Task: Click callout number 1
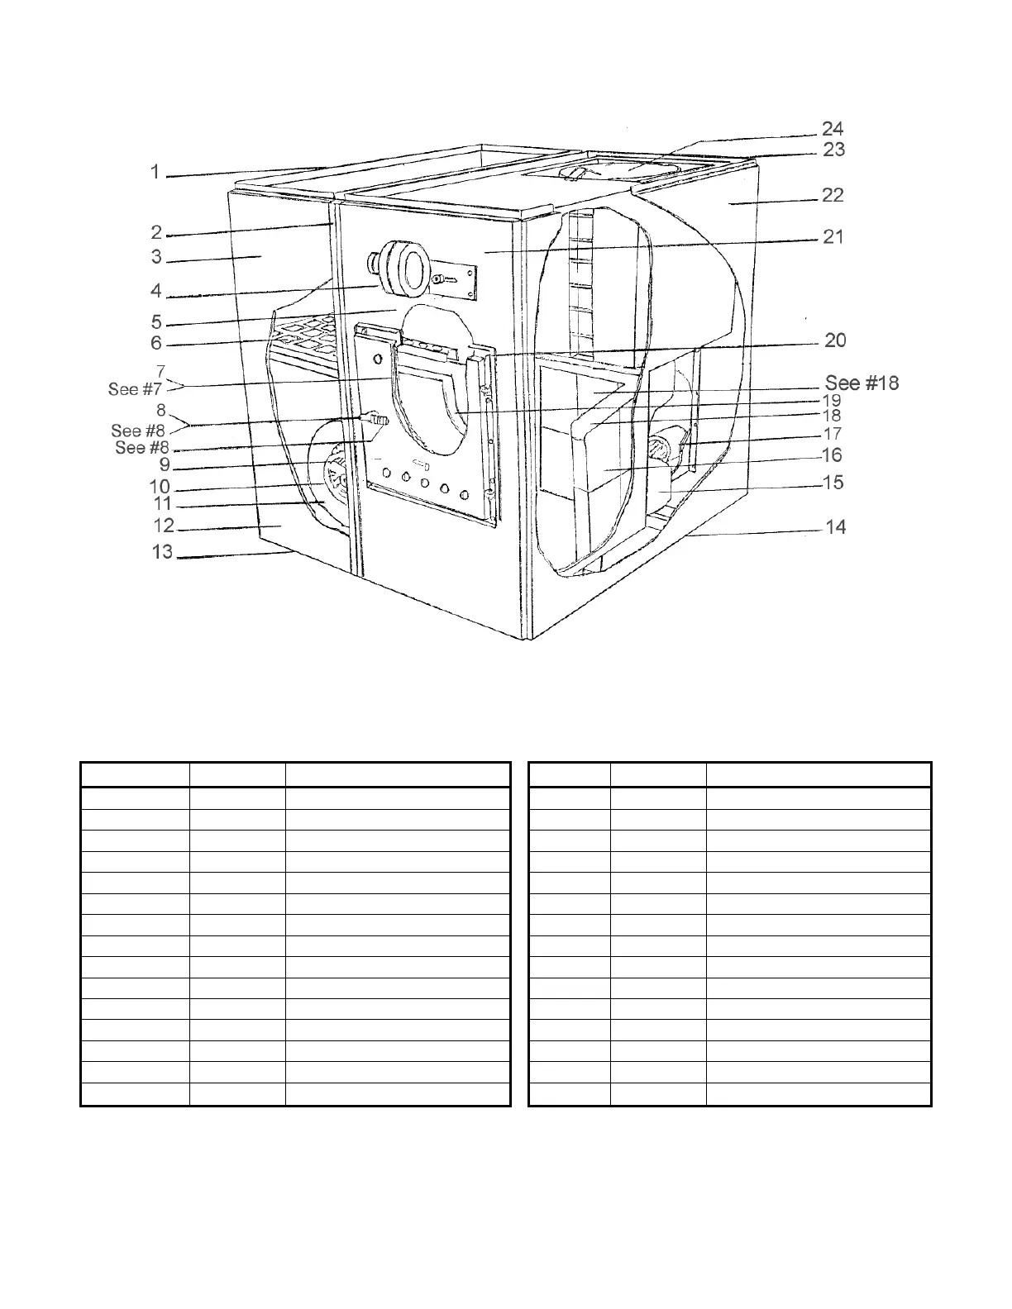(x=155, y=172)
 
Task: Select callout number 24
(x=833, y=128)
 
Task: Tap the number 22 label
(x=833, y=195)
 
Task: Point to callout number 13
(x=162, y=551)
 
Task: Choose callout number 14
(x=836, y=526)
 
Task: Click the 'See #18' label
(x=862, y=383)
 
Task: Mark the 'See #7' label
(x=135, y=389)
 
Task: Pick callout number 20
(x=835, y=340)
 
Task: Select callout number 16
(x=831, y=455)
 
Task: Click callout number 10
(x=159, y=487)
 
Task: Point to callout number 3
(x=156, y=257)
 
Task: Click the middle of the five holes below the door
(x=424, y=484)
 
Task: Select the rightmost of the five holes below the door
(x=464, y=495)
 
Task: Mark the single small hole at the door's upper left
(x=379, y=359)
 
